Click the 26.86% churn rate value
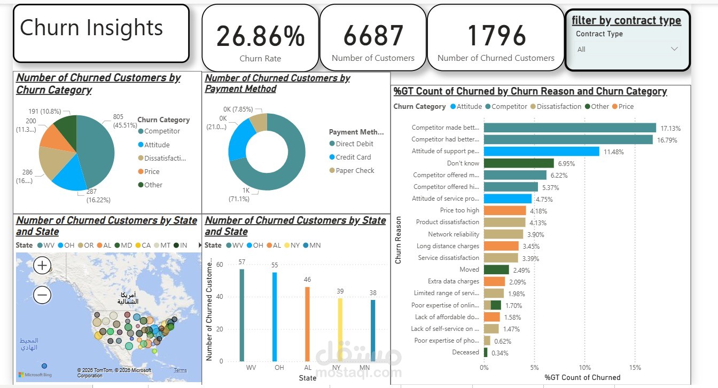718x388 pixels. [x=260, y=36]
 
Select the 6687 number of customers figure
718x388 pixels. [x=373, y=36]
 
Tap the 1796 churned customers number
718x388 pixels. [x=496, y=36]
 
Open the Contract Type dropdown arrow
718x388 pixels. [x=674, y=49]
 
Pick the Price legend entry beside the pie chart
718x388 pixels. [x=152, y=171]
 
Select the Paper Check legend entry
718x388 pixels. [x=355, y=170]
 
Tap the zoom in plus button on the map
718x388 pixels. [x=42, y=265]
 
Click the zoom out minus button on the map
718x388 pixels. [x=42, y=294]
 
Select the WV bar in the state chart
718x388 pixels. [x=242, y=315]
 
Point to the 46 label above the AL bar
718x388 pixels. [x=307, y=280]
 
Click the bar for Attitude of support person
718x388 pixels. [x=541, y=152]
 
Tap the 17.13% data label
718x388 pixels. [x=670, y=129]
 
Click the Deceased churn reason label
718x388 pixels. [x=465, y=352]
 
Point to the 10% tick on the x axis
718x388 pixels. [x=585, y=367]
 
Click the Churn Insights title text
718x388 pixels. [x=91, y=28]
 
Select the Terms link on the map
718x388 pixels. [x=181, y=370]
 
